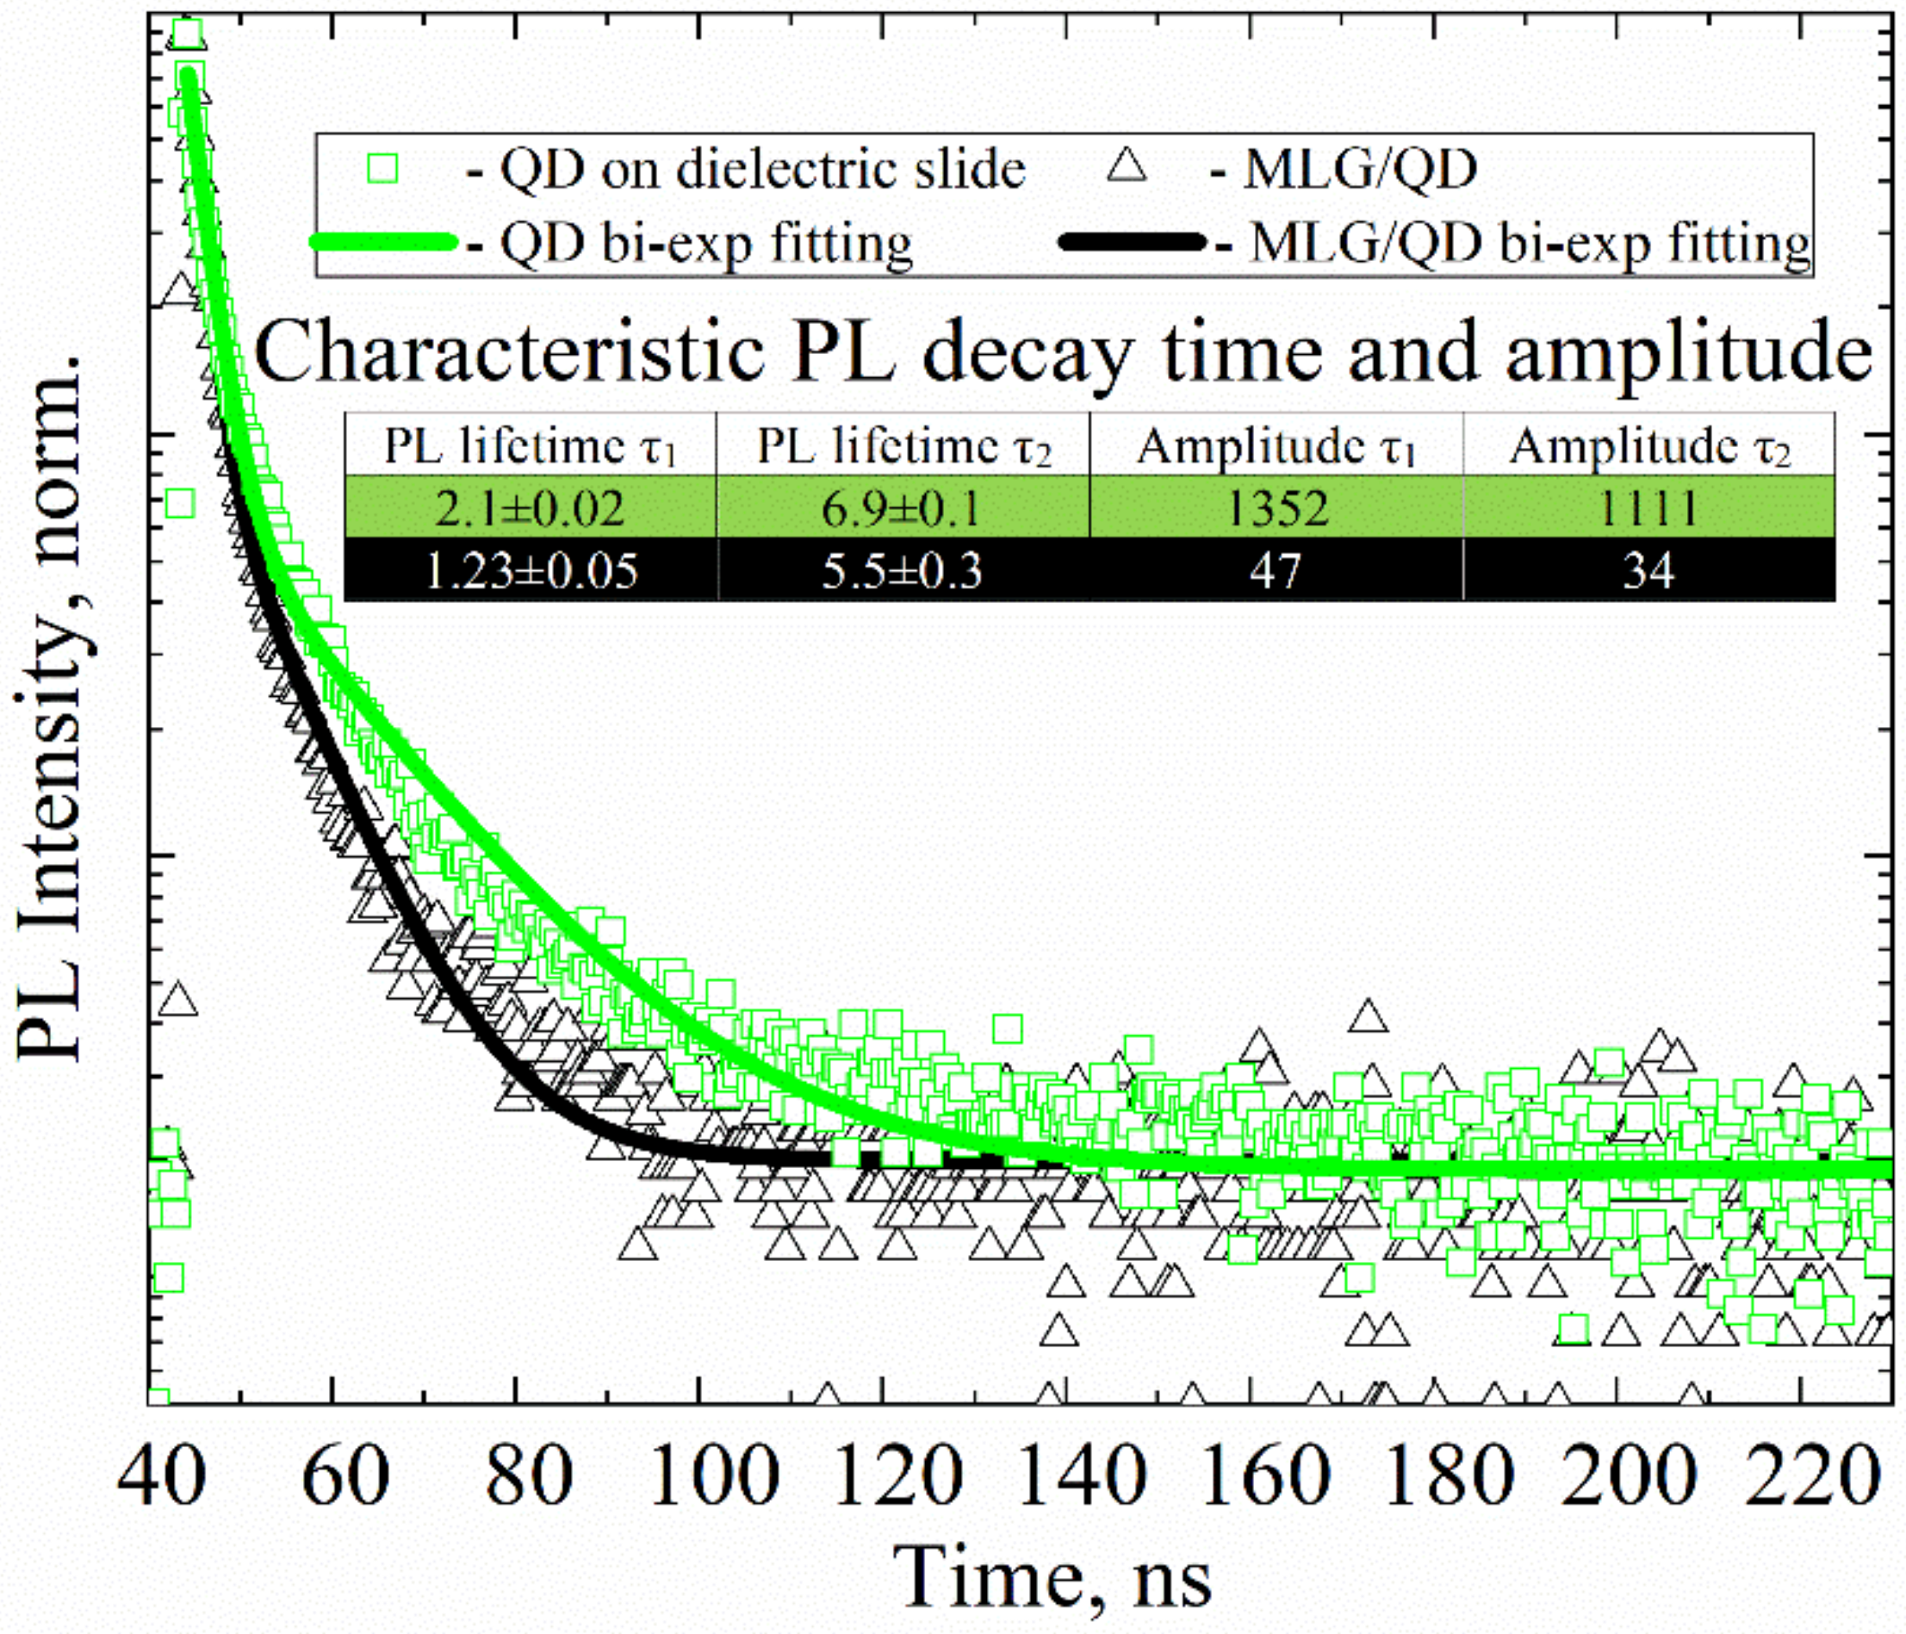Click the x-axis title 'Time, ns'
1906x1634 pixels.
coord(1053,1576)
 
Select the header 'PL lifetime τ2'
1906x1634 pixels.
coord(903,447)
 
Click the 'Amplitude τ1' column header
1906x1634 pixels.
coord(1276,447)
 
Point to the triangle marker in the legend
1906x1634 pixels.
coord(1127,166)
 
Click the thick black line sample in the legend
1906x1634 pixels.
coord(1132,243)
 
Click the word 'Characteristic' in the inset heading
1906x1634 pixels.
coord(509,353)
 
